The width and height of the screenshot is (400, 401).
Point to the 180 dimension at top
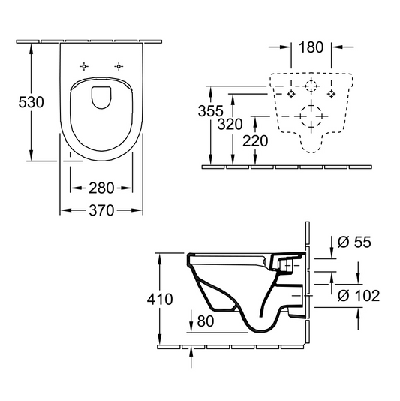310,47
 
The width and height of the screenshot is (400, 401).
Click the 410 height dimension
160,299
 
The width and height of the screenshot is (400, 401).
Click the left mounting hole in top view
86,66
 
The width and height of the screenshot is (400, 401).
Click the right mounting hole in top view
119,66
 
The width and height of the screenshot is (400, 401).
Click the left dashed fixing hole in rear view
293,94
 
